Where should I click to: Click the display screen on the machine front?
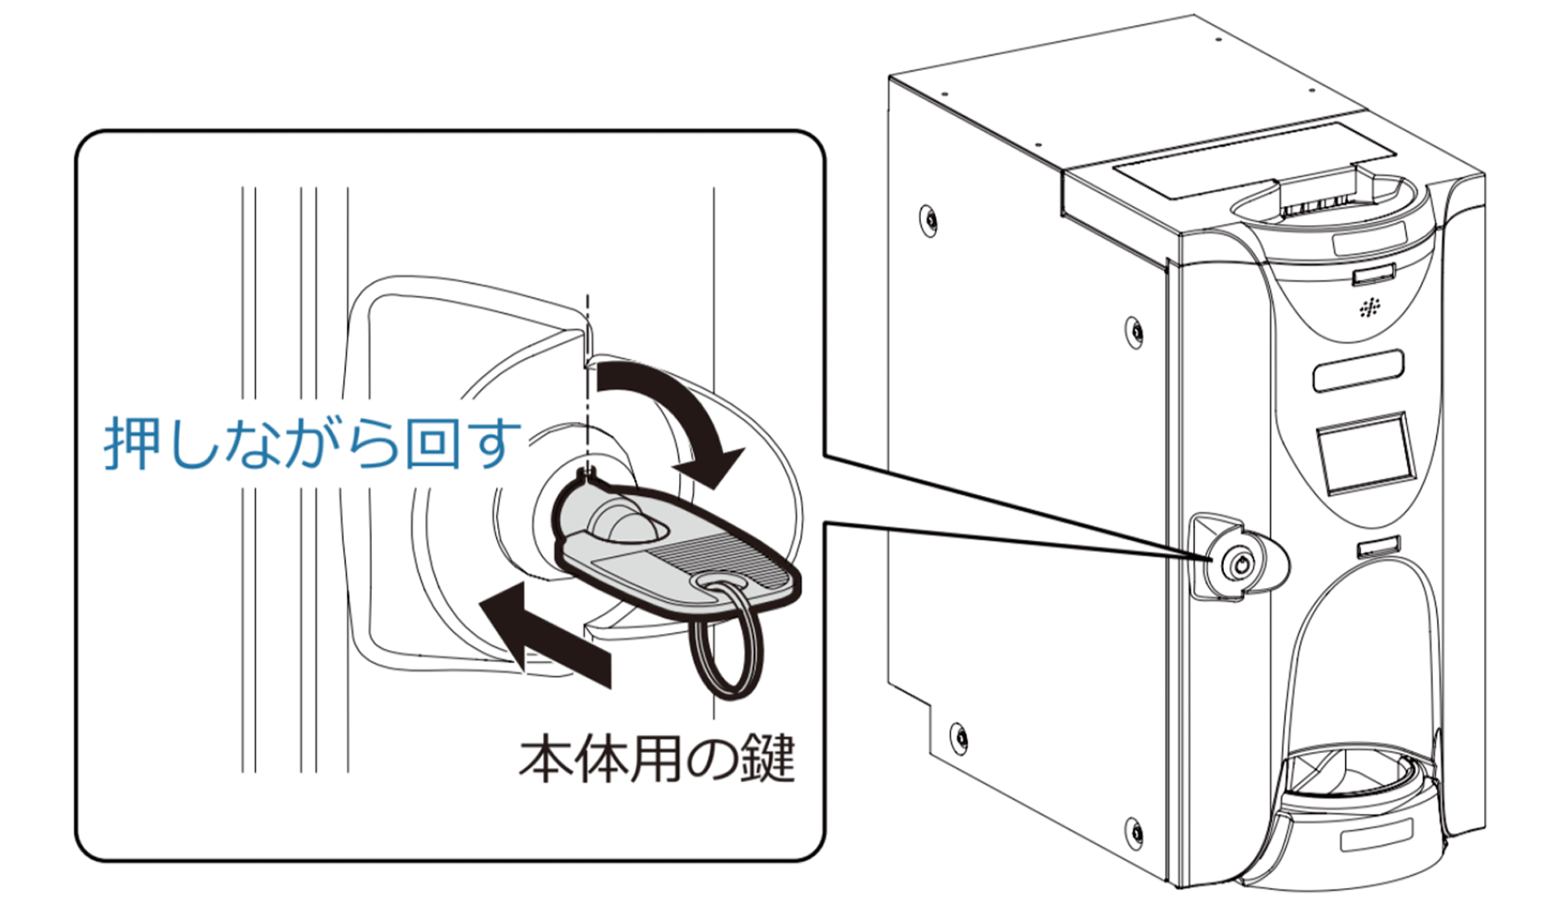tap(1365, 455)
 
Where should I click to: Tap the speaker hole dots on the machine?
tap(1370, 309)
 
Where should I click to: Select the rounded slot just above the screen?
tap(1358, 370)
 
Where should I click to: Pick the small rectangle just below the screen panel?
tap(1378, 546)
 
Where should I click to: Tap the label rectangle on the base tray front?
tap(1377, 834)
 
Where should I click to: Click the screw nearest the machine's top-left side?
tap(928, 220)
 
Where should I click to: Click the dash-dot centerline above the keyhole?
tap(587, 381)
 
